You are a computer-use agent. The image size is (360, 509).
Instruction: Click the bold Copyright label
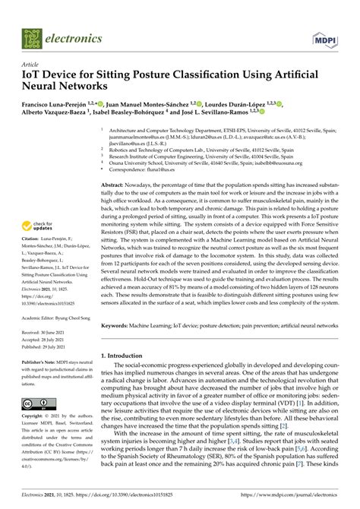click(34, 417)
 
